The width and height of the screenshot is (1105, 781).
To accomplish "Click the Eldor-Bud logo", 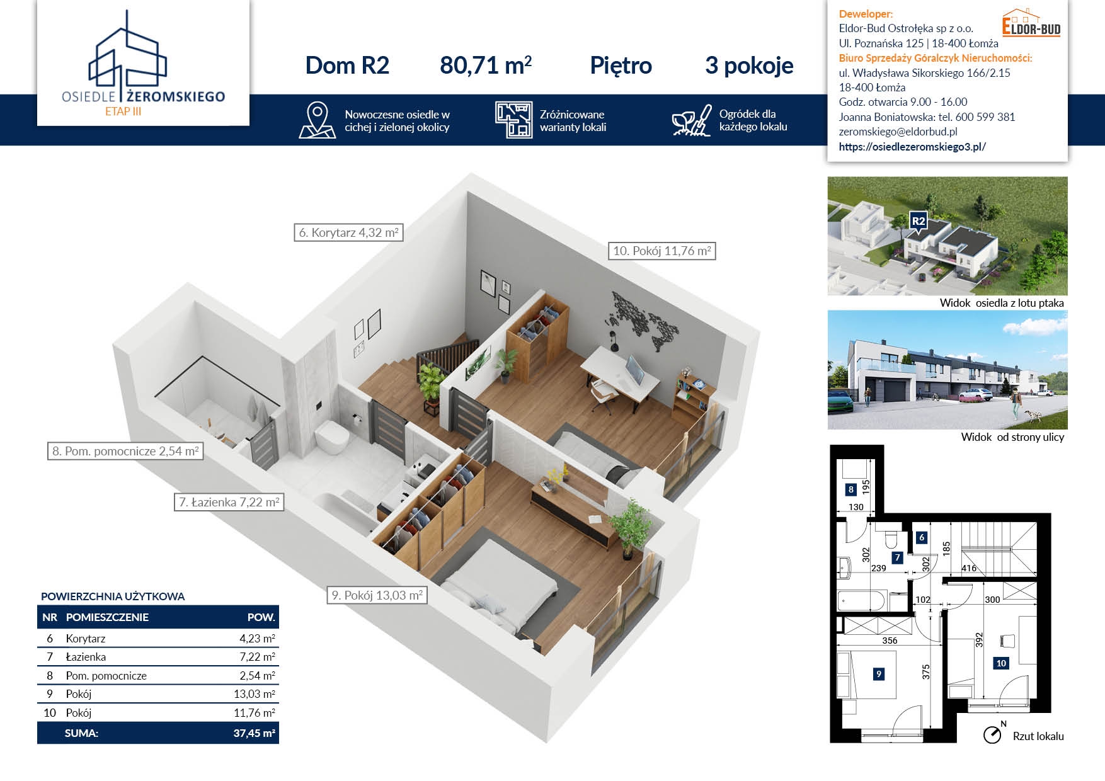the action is tap(1031, 23).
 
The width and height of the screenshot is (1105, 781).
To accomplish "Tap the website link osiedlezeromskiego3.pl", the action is tap(912, 147).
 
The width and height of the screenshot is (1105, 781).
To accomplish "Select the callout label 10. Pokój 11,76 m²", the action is tap(662, 251).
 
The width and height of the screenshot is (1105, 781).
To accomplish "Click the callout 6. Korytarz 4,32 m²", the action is tap(348, 232).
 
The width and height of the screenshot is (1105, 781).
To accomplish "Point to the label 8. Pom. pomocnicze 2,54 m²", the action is tap(125, 451).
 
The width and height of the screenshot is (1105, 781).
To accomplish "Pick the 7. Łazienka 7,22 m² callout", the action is tap(229, 502).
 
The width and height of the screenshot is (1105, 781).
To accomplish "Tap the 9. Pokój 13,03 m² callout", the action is tap(377, 595).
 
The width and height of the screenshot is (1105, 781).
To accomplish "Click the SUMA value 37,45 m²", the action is tap(254, 733).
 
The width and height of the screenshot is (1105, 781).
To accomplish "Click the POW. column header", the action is tap(261, 617).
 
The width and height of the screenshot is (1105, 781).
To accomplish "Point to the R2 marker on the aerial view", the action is tap(919, 222).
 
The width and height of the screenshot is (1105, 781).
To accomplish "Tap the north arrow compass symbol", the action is tap(993, 733).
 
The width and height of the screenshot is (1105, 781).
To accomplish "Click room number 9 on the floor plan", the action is tap(879, 674).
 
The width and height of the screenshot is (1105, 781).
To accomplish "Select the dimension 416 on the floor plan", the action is tap(969, 568).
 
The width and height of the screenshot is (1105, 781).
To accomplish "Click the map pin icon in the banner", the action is tap(318, 120).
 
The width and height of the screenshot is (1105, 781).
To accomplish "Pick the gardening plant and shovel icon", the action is tap(692, 120).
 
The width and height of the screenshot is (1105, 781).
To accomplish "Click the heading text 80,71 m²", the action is tap(486, 66).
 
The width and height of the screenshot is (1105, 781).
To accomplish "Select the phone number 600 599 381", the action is tap(985, 117).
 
